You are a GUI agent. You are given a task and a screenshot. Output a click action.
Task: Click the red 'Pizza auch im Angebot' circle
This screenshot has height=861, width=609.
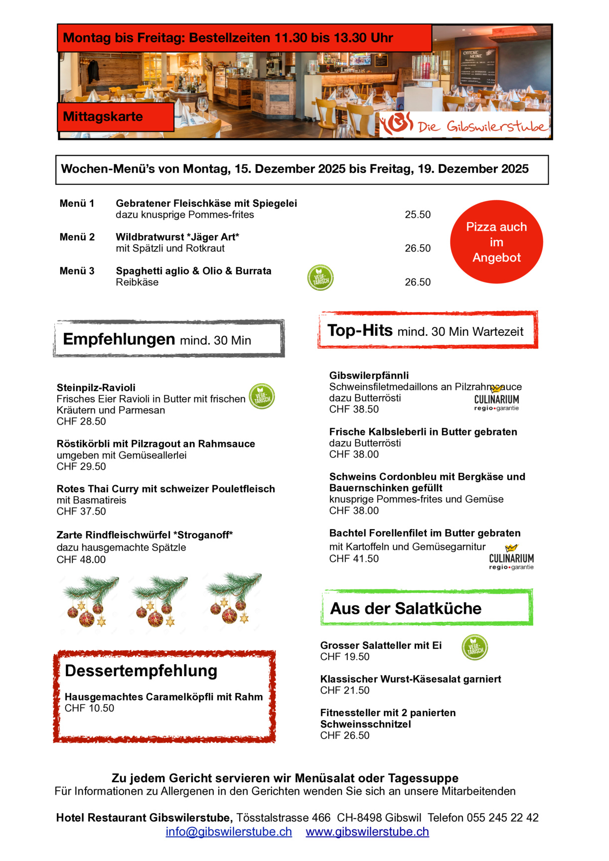pos(496,242)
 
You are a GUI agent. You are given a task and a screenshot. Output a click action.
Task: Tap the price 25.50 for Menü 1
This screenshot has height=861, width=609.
pos(418,215)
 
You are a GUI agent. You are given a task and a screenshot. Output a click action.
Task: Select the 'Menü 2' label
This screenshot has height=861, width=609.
pos(77,237)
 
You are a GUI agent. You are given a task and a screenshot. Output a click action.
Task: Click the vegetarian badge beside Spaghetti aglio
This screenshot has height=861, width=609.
pos(320,278)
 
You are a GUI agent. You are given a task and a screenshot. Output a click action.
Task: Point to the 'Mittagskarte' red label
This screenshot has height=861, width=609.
pos(103,117)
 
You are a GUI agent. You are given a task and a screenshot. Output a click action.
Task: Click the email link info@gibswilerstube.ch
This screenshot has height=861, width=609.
pos(229,832)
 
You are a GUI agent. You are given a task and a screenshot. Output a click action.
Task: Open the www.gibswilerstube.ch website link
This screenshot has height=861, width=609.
pos(367,832)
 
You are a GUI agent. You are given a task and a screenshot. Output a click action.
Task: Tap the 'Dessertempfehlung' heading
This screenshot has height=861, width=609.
pos(141,671)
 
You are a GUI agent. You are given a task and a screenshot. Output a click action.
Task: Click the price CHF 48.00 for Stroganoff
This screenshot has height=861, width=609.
pos(81,560)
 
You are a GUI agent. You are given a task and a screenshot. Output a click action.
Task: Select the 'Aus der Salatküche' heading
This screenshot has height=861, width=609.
pos(406,608)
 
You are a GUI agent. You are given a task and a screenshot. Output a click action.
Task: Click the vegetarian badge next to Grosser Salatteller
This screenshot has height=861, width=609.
pos(474,648)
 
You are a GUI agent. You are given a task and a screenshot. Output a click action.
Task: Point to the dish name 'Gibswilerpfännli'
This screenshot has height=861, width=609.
pos(369,376)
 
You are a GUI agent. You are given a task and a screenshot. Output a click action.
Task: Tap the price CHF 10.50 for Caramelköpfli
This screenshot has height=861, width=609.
pos(90,708)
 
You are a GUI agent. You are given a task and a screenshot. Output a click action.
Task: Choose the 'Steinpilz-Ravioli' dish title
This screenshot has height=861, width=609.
pos(96,388)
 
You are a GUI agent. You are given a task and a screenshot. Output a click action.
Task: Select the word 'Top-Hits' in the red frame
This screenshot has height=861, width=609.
pos(360,330)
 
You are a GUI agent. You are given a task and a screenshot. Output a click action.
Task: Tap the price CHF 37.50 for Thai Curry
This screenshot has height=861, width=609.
pos(81,511)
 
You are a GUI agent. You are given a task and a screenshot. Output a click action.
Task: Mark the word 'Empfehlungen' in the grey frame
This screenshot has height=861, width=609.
pos(119,339)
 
